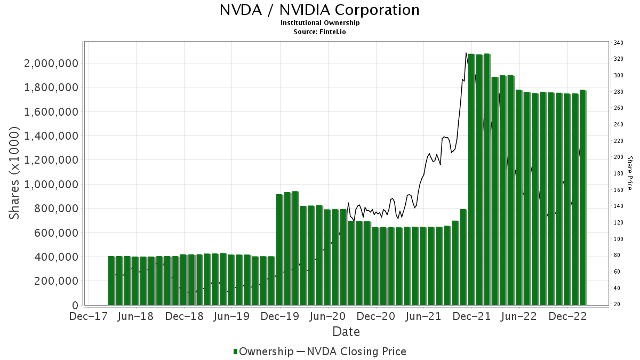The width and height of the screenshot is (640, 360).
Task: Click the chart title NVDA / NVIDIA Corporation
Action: (x=319, y=10)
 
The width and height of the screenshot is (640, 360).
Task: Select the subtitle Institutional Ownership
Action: (x=320, y=23)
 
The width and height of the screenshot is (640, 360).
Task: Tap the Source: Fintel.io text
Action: (x=320, y=31)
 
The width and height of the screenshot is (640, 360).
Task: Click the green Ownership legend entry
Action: (x=263, y=351)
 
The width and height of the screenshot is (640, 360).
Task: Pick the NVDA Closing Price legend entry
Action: (x=351, y=351)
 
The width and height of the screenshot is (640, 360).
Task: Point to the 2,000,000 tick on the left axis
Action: (x=51, y=63)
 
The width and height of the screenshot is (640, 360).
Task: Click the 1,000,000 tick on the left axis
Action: (x=51, y=185)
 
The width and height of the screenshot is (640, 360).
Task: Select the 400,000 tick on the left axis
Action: (x=55, y=257)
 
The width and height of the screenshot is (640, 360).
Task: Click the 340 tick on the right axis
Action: (x=619, y=43)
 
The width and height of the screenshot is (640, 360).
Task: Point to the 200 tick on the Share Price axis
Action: (x=619, y=157)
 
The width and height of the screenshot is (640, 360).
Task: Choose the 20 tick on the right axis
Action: (x=617, y=305)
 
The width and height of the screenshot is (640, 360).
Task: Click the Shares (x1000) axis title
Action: (x=15, y=173)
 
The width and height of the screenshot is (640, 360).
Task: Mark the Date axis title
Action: (x=346, y=332)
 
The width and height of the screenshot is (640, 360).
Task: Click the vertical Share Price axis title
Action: (x=629, y=173)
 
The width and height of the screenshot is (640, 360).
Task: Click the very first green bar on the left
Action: (x=111, y=281)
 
